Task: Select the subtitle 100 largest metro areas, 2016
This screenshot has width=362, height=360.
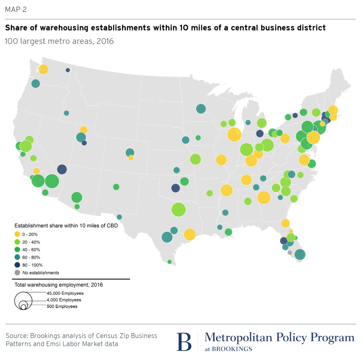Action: (x=59, y=41)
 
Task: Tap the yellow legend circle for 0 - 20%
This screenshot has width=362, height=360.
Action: (x=18, y=234)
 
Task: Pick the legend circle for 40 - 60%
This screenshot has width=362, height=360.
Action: (x=18, y=250)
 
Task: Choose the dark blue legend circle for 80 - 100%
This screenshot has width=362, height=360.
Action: (x=18, y=265)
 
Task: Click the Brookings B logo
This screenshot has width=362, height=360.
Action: (x=184, y=341)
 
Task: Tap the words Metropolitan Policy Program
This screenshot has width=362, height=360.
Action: (x=279, y=338)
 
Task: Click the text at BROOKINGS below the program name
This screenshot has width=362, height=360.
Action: (x=228, y=349)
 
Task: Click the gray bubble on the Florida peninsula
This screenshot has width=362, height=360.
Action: (x=289, y=252)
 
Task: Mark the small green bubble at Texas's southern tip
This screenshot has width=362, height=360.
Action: (x=170, y=262)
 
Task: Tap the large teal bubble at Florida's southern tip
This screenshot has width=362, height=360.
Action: (x=299, y=255)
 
